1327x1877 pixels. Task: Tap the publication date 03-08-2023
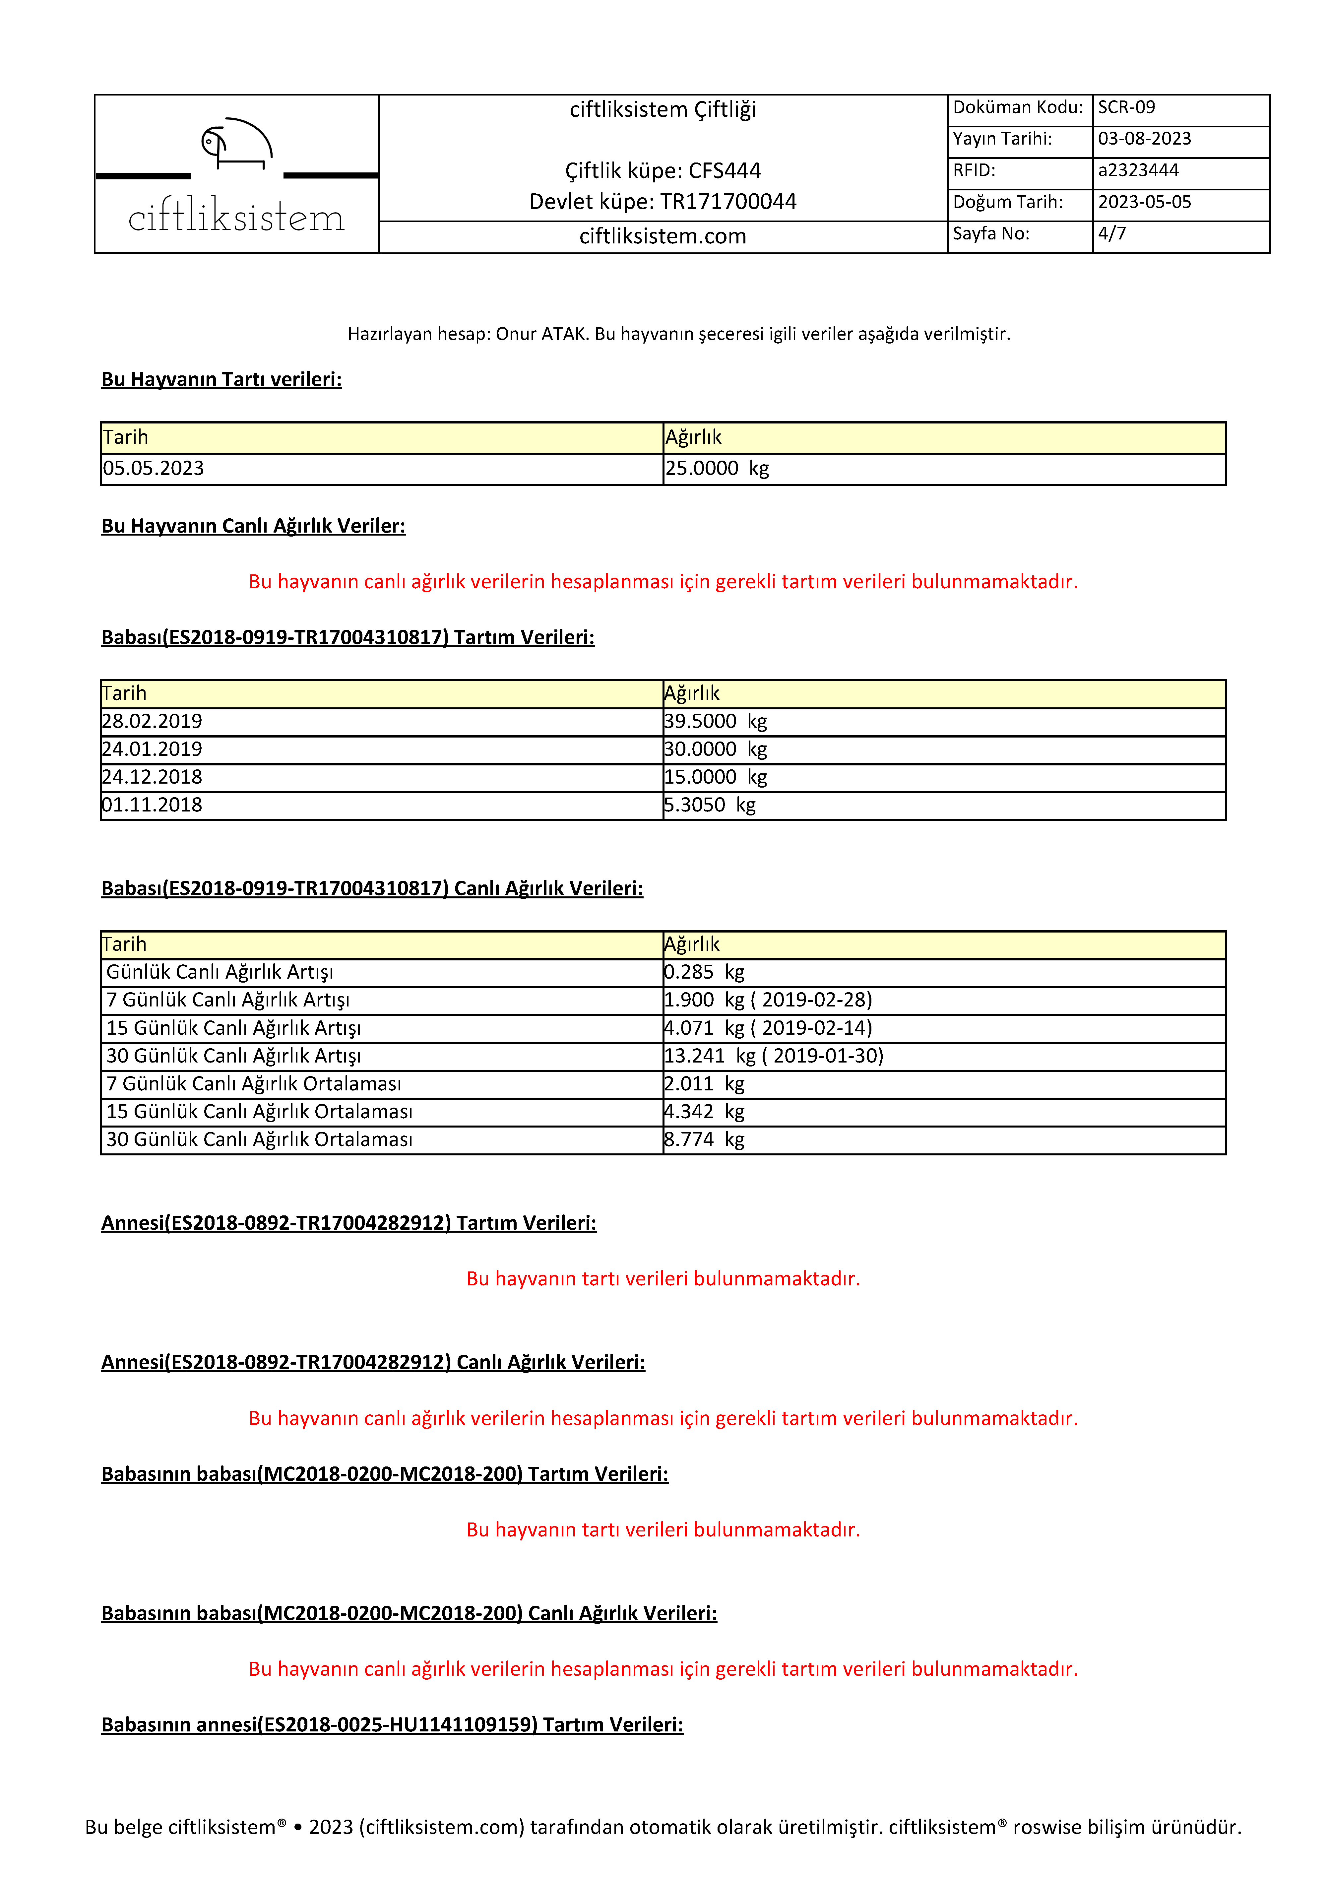[x=1144, y=139]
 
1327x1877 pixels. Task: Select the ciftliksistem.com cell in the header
[x=662, y=236]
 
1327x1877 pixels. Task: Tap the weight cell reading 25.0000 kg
[x=717, y=469]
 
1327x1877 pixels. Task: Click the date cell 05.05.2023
[x=154, y=469]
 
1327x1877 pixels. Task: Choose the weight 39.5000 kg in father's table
[x=716, y=721]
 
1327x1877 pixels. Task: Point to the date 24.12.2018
[x=152, y=777]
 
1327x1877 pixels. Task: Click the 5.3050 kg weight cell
[x=710, y=805]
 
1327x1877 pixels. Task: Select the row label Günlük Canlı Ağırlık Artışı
[x=220, y=972]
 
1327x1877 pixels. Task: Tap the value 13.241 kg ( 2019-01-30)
[x=774, y=1056]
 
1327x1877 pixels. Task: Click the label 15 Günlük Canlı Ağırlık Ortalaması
[x=259, y=1112]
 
